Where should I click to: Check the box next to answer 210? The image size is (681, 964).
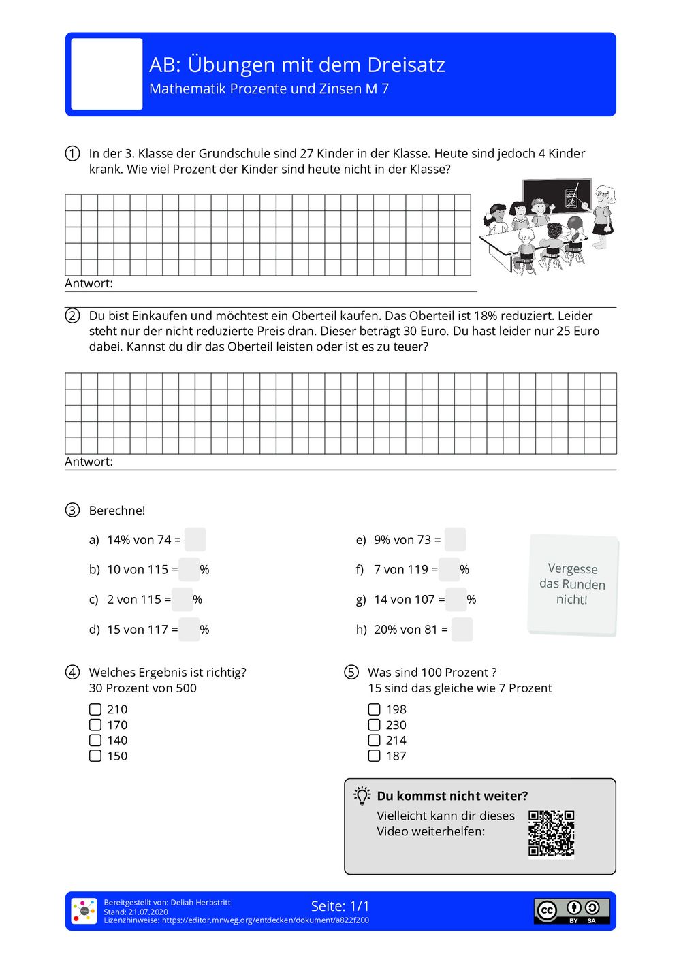(x=95, y=709)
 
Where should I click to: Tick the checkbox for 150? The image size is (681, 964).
(x=95, y=756)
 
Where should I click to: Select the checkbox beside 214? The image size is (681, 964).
(x=374, y=740)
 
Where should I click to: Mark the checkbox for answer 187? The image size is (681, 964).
(x=374, y=756)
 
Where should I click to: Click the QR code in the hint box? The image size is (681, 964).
(x=551, y=833)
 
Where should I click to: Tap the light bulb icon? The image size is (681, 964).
(x=362, y=796)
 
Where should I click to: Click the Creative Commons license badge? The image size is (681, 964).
(x=571, y=911)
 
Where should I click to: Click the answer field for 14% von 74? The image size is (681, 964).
(x=195, y=540)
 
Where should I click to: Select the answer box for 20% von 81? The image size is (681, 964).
(x=462, y=630)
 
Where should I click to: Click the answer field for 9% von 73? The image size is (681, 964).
(x=455, y=540)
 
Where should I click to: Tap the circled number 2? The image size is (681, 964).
(x=72, y=316)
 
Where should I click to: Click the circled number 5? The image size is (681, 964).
(x=351, y=673)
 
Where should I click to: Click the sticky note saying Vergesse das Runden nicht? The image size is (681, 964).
(x=573, y=585)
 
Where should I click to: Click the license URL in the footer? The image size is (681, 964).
(x=265, y=920)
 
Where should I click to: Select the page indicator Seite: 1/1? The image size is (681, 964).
(x=340, y=906)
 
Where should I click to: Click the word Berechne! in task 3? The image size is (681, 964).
(x=117, y=511)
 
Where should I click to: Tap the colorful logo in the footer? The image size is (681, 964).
(x=84, y=911)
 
